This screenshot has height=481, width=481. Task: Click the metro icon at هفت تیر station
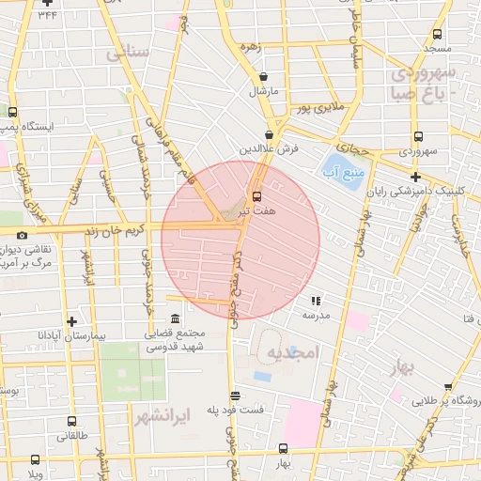pos(256,196)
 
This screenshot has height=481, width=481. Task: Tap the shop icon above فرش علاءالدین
pos(269,134)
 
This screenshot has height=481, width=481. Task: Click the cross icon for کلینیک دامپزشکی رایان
pos(414,176)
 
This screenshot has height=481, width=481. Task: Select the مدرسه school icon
pos(316,301)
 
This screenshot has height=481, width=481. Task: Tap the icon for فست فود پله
pos(235,396)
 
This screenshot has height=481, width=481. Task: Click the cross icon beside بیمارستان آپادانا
pos(71,321)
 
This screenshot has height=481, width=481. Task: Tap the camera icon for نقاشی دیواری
pos(22,235)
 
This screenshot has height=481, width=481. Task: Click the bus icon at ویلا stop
pos(36,459)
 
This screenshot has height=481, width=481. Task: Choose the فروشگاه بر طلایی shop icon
pos(447,385)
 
